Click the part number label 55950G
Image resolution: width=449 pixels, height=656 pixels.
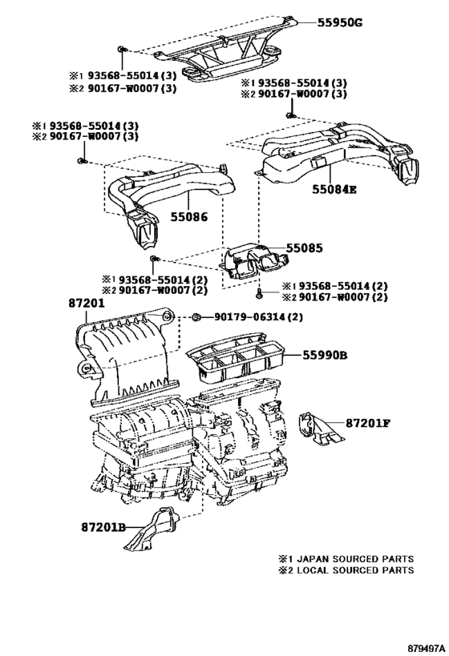(339, 22)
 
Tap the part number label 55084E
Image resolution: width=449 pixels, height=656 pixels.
(334, 190)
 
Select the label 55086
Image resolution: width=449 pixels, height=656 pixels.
(189, 217)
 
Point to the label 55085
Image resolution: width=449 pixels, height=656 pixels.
(305, 248)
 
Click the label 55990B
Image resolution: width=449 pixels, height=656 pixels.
(325, 356)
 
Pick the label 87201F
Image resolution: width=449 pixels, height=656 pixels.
(368, 423)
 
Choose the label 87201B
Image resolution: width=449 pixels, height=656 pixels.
(103, 527)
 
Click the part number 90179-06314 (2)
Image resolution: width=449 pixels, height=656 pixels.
(258, 317)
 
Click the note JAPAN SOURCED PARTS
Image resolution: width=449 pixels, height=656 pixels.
(355, 559)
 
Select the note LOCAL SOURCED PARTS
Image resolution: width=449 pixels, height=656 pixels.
(355, 570)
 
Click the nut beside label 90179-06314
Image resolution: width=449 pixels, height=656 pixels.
(196, 317)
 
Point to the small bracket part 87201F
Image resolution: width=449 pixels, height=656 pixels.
(321, 429)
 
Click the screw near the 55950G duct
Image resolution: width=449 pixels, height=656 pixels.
(121, 50)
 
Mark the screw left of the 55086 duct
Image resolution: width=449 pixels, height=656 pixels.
(82, 161)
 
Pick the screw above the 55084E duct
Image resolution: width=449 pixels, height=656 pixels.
(289, 115)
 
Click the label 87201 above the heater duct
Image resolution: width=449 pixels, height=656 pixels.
(87, 304)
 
